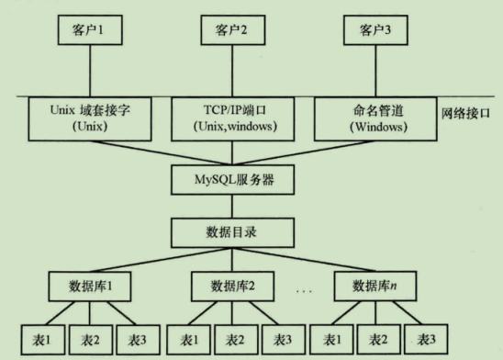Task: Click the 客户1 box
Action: coord(90,30)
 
